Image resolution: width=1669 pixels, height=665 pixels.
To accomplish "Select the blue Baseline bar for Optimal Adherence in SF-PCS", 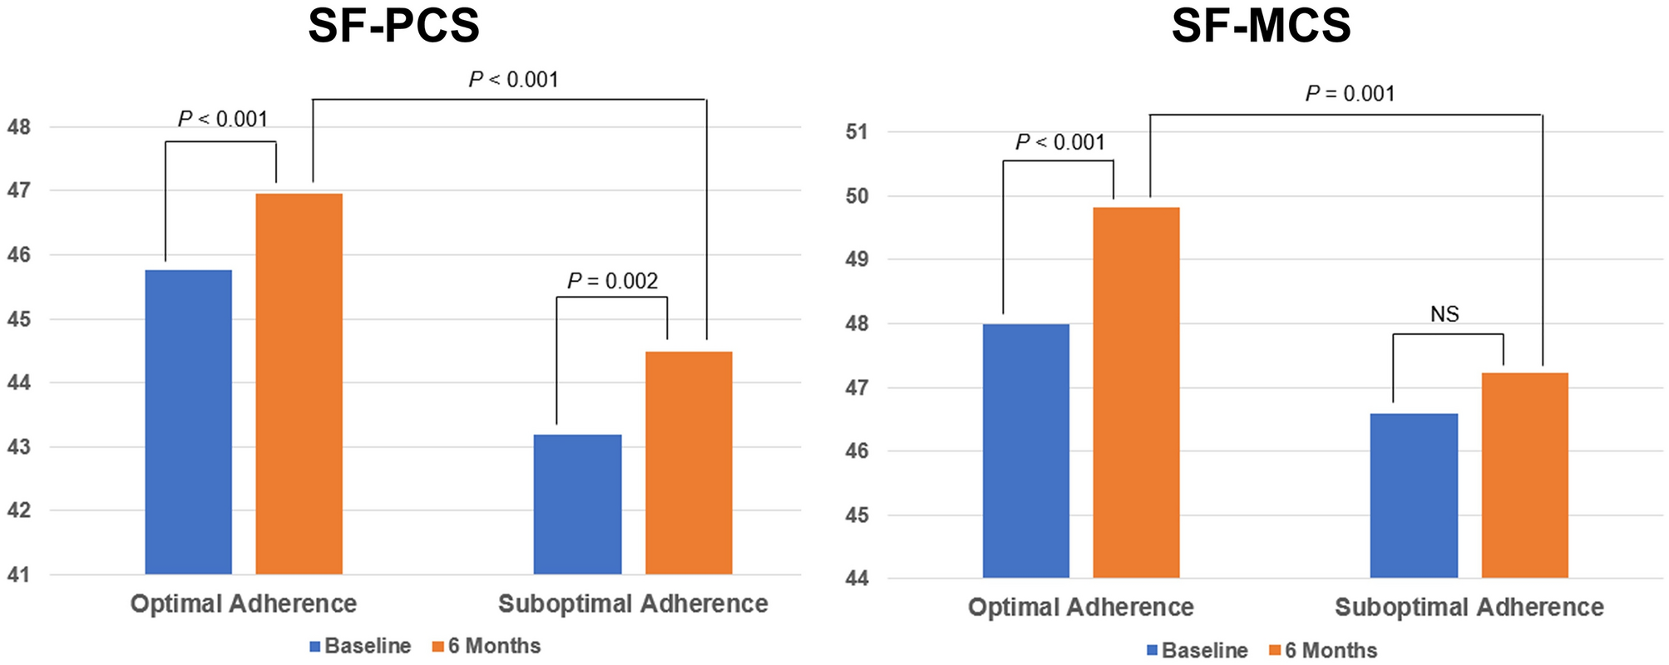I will pyautogui.click(x=189, y=422).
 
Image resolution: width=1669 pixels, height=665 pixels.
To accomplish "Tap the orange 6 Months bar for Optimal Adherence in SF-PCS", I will pyautogui.click(x=299, y=384).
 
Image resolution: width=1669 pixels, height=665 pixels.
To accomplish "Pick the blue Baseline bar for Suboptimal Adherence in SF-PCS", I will pyautogui.click(x=578, y=505).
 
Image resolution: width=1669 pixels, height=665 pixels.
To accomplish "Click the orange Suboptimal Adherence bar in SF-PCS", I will pyautogui.click(x=689, y=463).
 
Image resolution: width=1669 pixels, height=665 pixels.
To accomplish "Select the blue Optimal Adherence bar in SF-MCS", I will pyautogui.click(x=1026, y=451).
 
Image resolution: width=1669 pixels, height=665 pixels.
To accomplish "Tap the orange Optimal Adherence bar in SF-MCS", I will pyautogui.click(x=1136, y=392).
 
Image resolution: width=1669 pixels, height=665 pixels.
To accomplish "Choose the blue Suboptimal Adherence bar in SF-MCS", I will pyautogui.click(x=1414, y=495).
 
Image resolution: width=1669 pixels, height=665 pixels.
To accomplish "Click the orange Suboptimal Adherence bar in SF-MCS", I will pyautogui.click(x=1524, y=475).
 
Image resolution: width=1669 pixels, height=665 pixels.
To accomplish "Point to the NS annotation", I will pyautogui.click(x=1444, y=314).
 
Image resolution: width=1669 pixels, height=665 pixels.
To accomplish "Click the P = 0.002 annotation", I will pyautogui.click(x=613, y=281).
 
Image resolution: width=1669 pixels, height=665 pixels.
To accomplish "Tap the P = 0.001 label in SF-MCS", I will pyautogui.click(x=1350, y=93).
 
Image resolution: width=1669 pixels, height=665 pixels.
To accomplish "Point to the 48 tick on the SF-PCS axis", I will pyautogui.click(x=18, y=127).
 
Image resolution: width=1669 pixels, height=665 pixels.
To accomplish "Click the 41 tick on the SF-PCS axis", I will pyautogui.click(x=18, y=574).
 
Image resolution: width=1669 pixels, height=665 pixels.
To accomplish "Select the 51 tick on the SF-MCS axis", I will pyautogui.click(x=857, y=131).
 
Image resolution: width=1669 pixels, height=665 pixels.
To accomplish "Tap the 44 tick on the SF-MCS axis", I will pyautogui.click(x=857, y=579).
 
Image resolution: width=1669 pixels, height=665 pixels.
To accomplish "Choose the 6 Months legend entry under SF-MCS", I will pyautogui.click(x=1323, y=650).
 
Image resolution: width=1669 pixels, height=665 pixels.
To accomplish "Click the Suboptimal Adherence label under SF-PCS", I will pyautogui.click(x=633, y=603).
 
